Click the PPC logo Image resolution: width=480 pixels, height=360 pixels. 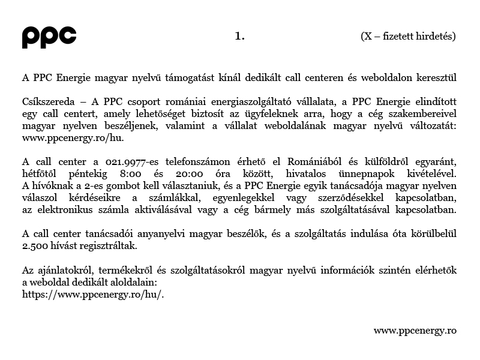coord(49,37)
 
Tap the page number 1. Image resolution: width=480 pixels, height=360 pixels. coord(239,36)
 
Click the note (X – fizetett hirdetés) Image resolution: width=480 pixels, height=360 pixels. coord(408,36)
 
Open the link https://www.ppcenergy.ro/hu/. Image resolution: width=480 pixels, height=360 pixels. coord(93,294)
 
